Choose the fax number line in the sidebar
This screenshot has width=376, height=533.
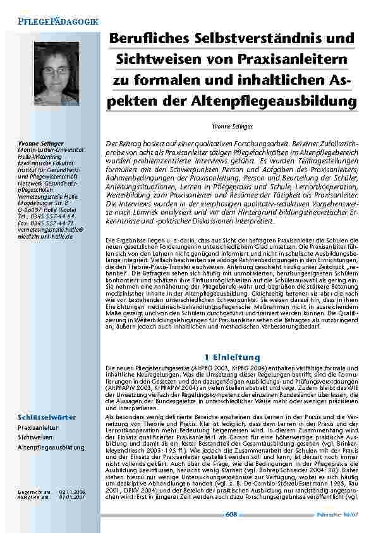[x=42, y=223]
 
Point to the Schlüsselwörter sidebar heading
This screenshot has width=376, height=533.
[x=47, y=417]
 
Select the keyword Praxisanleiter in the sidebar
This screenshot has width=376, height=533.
[x=35, y=428]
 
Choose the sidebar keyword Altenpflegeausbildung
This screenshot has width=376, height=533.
[x=51, y=447]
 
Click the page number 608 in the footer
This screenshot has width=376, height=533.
[x=231, y=515]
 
